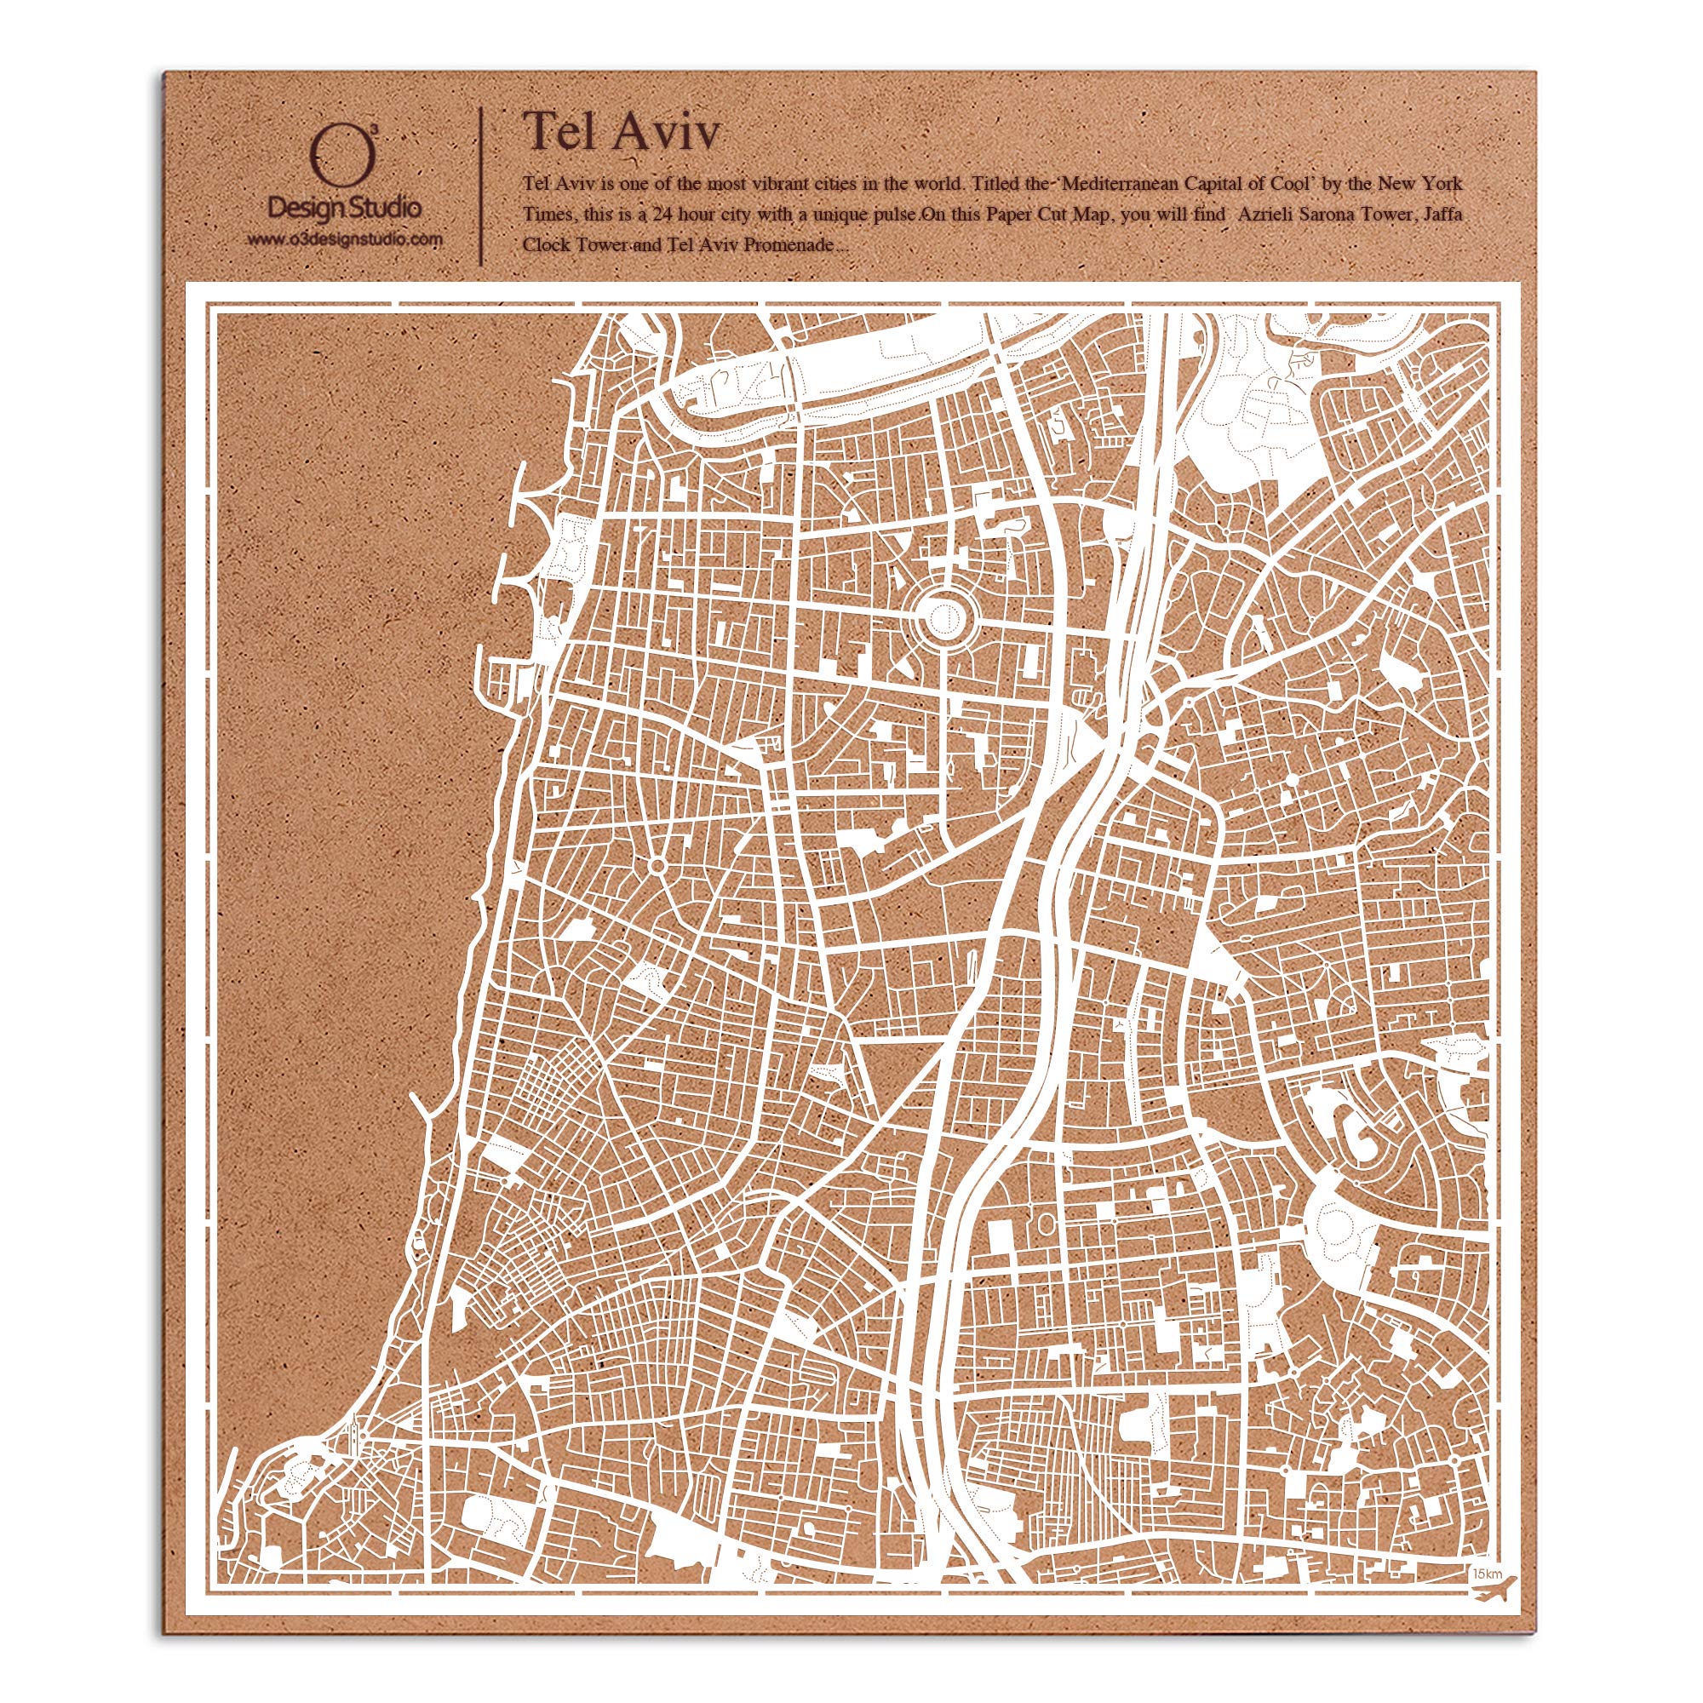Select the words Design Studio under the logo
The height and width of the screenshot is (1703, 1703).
[x=344, y=208]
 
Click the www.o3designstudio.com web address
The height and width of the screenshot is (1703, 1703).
[x=344, y=239]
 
